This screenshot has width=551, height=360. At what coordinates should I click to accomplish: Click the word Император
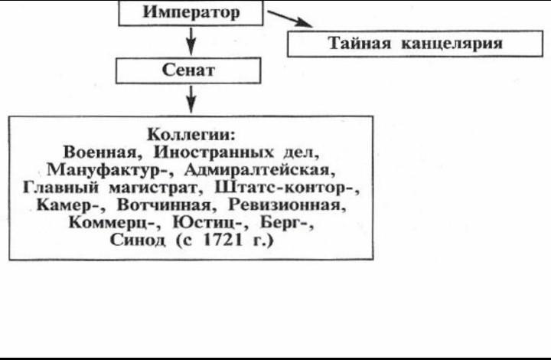click(x=191, y=12)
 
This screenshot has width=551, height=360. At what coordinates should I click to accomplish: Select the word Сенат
click(x=188, y=70)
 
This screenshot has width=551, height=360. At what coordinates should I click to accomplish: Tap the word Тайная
click(x=360, y=43)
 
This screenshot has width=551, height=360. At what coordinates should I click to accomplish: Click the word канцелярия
click(x=452, y=44)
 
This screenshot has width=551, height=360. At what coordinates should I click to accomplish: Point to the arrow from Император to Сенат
click(x=191, y=41)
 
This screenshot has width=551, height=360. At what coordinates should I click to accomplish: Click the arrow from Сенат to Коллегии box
click(x=191, y=99)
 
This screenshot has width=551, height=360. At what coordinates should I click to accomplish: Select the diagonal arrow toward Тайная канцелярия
click(x=290, y=18)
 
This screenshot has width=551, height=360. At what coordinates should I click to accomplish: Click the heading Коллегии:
click(x=191, y=134)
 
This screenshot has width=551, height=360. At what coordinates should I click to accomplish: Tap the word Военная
click(x=101, y=152)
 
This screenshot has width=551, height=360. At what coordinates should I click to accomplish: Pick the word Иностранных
click(x=213, y=152)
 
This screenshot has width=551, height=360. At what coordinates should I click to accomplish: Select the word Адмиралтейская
click(x=258, y=170)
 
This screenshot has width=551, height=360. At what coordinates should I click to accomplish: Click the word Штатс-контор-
click(x=285, y=188)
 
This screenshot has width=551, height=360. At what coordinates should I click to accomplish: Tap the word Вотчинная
click(x=164, y=205)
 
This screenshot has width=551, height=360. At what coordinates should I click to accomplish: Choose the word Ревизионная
click(x=285, y=205)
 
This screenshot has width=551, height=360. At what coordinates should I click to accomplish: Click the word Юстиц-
click(x=207, y=223)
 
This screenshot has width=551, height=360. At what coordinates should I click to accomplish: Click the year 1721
click(x=223, y=240)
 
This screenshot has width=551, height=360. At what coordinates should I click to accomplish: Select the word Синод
click(x=138, y=240)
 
